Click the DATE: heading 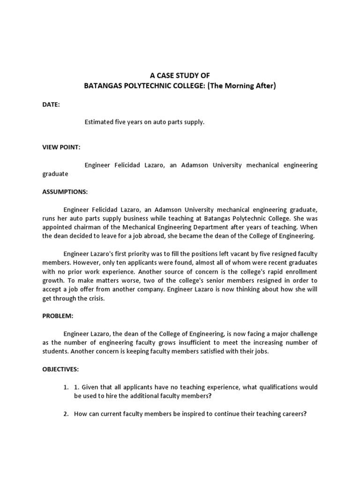click(x=51, y=105)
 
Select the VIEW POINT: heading click(x=61, y=147)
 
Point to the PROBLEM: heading click(x=58, y=316)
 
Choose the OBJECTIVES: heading click(x=60, y=369)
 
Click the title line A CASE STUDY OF click(x=180, y=75)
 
